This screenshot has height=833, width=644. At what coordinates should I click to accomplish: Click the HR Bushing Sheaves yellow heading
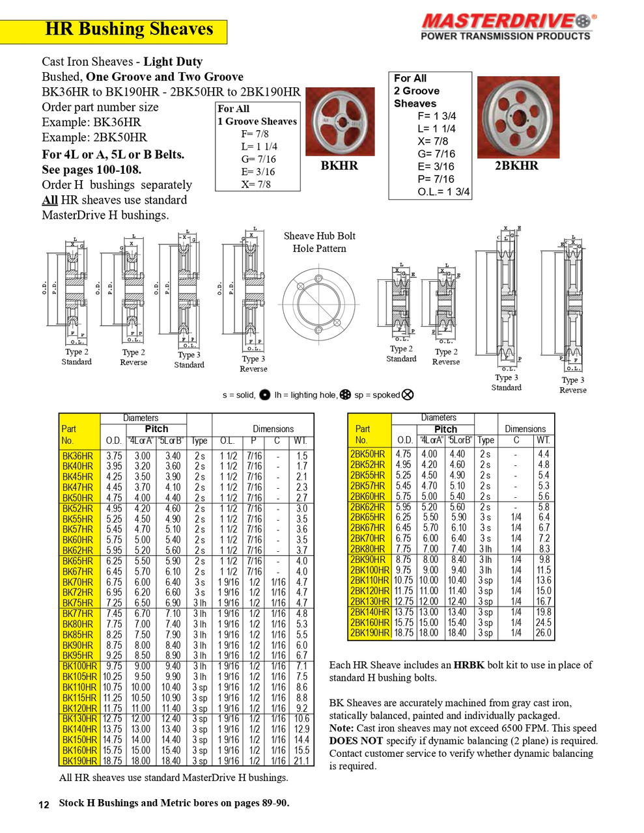point(129,29)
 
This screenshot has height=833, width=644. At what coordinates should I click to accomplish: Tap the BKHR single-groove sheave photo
point(339,122)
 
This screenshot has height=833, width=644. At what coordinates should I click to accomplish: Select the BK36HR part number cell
point(77,456)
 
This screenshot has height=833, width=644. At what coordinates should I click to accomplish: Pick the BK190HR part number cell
point(79,761)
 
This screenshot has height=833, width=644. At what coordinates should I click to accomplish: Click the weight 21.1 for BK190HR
point(301,761)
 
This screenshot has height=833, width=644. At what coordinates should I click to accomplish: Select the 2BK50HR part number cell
point(368,454)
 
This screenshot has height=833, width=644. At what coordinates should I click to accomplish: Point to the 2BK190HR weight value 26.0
point(543,633)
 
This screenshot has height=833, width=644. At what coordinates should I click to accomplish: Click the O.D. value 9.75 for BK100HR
point(113,666)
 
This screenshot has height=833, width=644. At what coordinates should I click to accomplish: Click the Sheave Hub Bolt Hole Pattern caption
point(319,242)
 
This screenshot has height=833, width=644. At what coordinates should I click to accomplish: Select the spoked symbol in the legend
point(408,394)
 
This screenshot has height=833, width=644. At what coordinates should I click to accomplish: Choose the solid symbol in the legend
point(264,394)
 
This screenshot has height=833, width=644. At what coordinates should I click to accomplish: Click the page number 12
point(44,804)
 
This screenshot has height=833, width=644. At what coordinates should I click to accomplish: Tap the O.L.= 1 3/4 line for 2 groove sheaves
point(443,192)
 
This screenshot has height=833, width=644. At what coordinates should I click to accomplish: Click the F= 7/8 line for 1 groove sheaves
point(255,134)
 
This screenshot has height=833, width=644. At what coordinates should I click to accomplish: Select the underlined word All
point(49,200)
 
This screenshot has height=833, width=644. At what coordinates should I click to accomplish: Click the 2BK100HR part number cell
point(370,570)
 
